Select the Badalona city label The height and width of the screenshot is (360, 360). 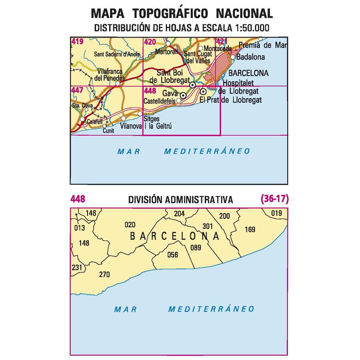pos(250,57)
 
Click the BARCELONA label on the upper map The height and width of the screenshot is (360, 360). pos(248,74)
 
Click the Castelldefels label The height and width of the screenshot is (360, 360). pos(160,102)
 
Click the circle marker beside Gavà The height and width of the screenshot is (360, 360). pos(183,96)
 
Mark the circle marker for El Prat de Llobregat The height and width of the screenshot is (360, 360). pos(203,92)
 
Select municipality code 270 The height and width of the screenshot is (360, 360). pos(104,274)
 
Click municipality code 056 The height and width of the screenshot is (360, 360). pos(172,254)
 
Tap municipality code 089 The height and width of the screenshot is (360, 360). pos(196,248)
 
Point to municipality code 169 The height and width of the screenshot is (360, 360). pos(250,230)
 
